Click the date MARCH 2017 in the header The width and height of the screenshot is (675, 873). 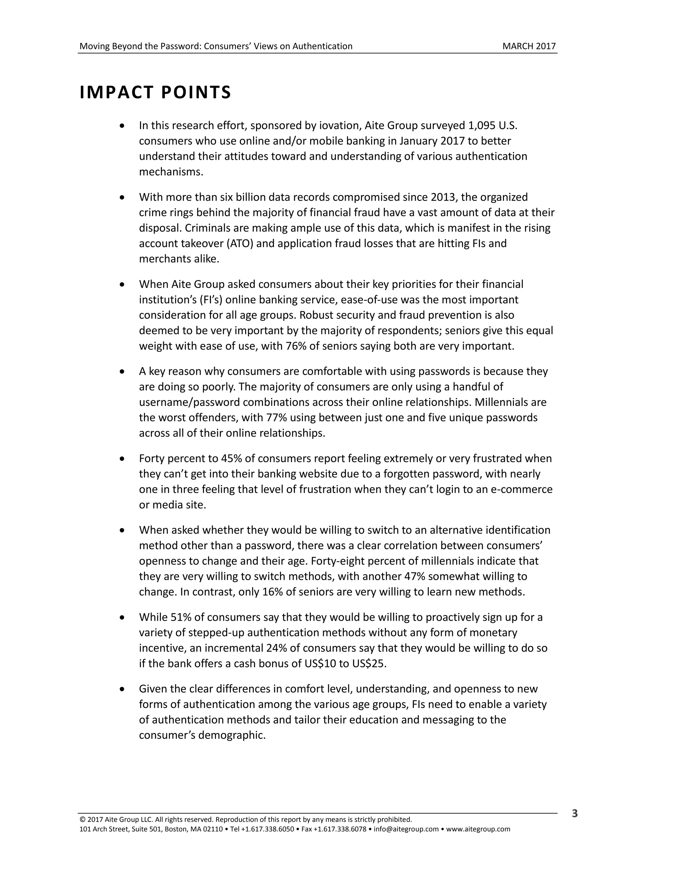click(x=529, y=46)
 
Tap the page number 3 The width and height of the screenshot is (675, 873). click(x=574, y=813)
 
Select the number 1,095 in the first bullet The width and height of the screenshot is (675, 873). click(x=481, y=126)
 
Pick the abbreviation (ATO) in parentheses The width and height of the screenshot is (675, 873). click(x=242, y=243)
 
